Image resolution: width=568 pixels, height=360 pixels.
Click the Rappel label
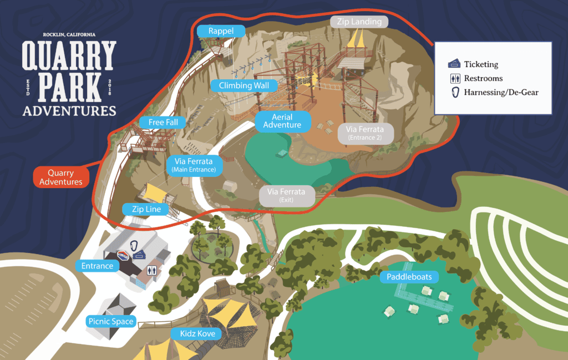click(x=221, y=31)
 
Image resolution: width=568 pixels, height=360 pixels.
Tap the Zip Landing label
click(x=359, y=22)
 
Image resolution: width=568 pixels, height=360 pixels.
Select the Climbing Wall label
click(x=244, y=85)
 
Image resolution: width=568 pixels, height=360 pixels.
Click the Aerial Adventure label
click(x=282, y=121)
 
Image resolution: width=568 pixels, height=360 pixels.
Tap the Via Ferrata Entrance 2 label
click(x=365, y=133)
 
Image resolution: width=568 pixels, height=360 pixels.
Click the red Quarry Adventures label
click(x=61, y=178)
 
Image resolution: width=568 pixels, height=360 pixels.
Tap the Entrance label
click(x=97, y=266)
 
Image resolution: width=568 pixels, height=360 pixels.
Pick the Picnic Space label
click(x=111, y=321)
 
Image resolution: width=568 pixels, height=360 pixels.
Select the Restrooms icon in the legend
click(x=454, y=78)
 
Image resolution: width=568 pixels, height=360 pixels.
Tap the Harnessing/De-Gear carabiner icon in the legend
click(x=454, y=92)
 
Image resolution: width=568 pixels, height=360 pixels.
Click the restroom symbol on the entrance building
click(x=151, y=271)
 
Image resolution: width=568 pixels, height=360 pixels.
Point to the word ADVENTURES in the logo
click(x=69, y=110)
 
